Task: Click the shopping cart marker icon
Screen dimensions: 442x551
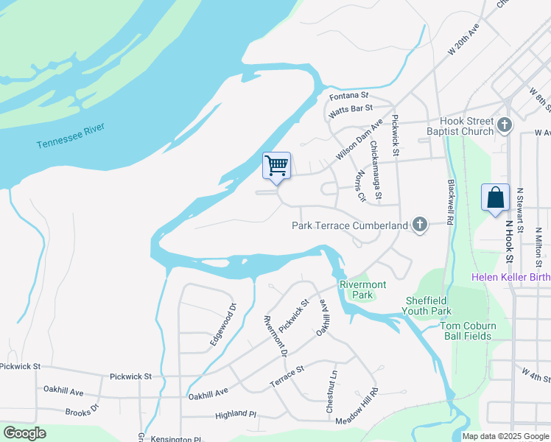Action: [x=276, y=165]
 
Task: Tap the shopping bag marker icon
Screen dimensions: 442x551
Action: [x=496, y=197]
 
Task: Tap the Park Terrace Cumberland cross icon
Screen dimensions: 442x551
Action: [x=420, y=225]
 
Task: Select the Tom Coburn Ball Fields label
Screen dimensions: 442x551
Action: [x=468, y=331]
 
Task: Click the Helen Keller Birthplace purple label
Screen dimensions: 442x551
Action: [x=511, y=277]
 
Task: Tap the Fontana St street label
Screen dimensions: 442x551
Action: [x=348, y=96]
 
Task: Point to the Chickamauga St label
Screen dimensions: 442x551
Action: [x=376, y=170]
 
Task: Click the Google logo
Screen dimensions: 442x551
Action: [x=24, y=433]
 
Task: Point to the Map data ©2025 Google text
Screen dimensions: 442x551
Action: [x=505, y=436]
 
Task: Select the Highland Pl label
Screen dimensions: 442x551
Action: [x=235, y=415]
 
